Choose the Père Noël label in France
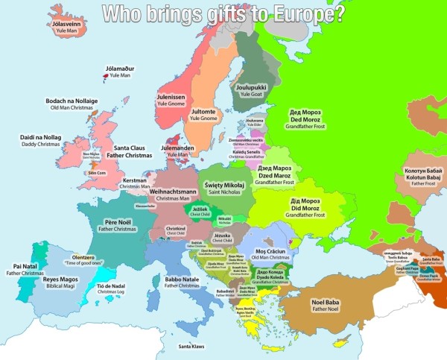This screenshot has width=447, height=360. tap(118, 222)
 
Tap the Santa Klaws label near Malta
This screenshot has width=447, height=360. tap(191, 346)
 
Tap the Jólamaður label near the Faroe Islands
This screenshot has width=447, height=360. tap(118, 69)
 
